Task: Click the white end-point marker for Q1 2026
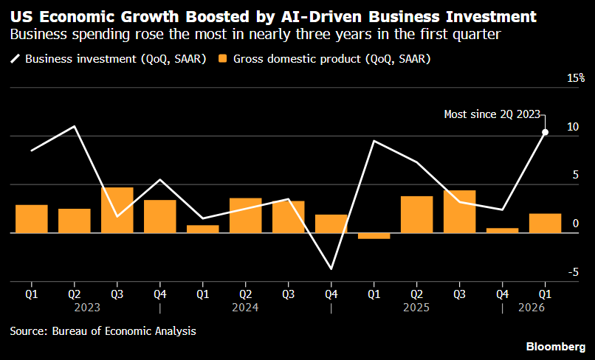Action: [x=546, y=132]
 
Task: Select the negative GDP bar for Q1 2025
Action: [x=374, y=236]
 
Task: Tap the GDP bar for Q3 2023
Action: [x=117, y=210]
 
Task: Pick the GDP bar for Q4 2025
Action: [x=503, y=230]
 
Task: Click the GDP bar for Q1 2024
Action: [x=202, y=229]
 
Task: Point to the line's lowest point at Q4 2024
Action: [x=331, y=269]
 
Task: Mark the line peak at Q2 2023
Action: [x=75, y=126]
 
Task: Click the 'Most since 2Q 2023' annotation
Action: [x=492, y=114]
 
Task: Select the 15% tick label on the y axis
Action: [x=576, y=78]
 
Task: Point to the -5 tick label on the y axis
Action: [x=573, y=272]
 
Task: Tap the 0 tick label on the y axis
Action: [x=576, y=224]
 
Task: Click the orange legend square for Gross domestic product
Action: [x=223, y=59]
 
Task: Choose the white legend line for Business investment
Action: [x=16, y=59]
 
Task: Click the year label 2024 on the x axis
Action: [x=245, y=308]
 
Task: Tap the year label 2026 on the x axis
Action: [x=532, y=308]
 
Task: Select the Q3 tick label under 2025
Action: [x=459, y=294]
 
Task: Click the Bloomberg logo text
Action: [x=556, y=346]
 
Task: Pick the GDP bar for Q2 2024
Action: [x=246, y=215]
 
